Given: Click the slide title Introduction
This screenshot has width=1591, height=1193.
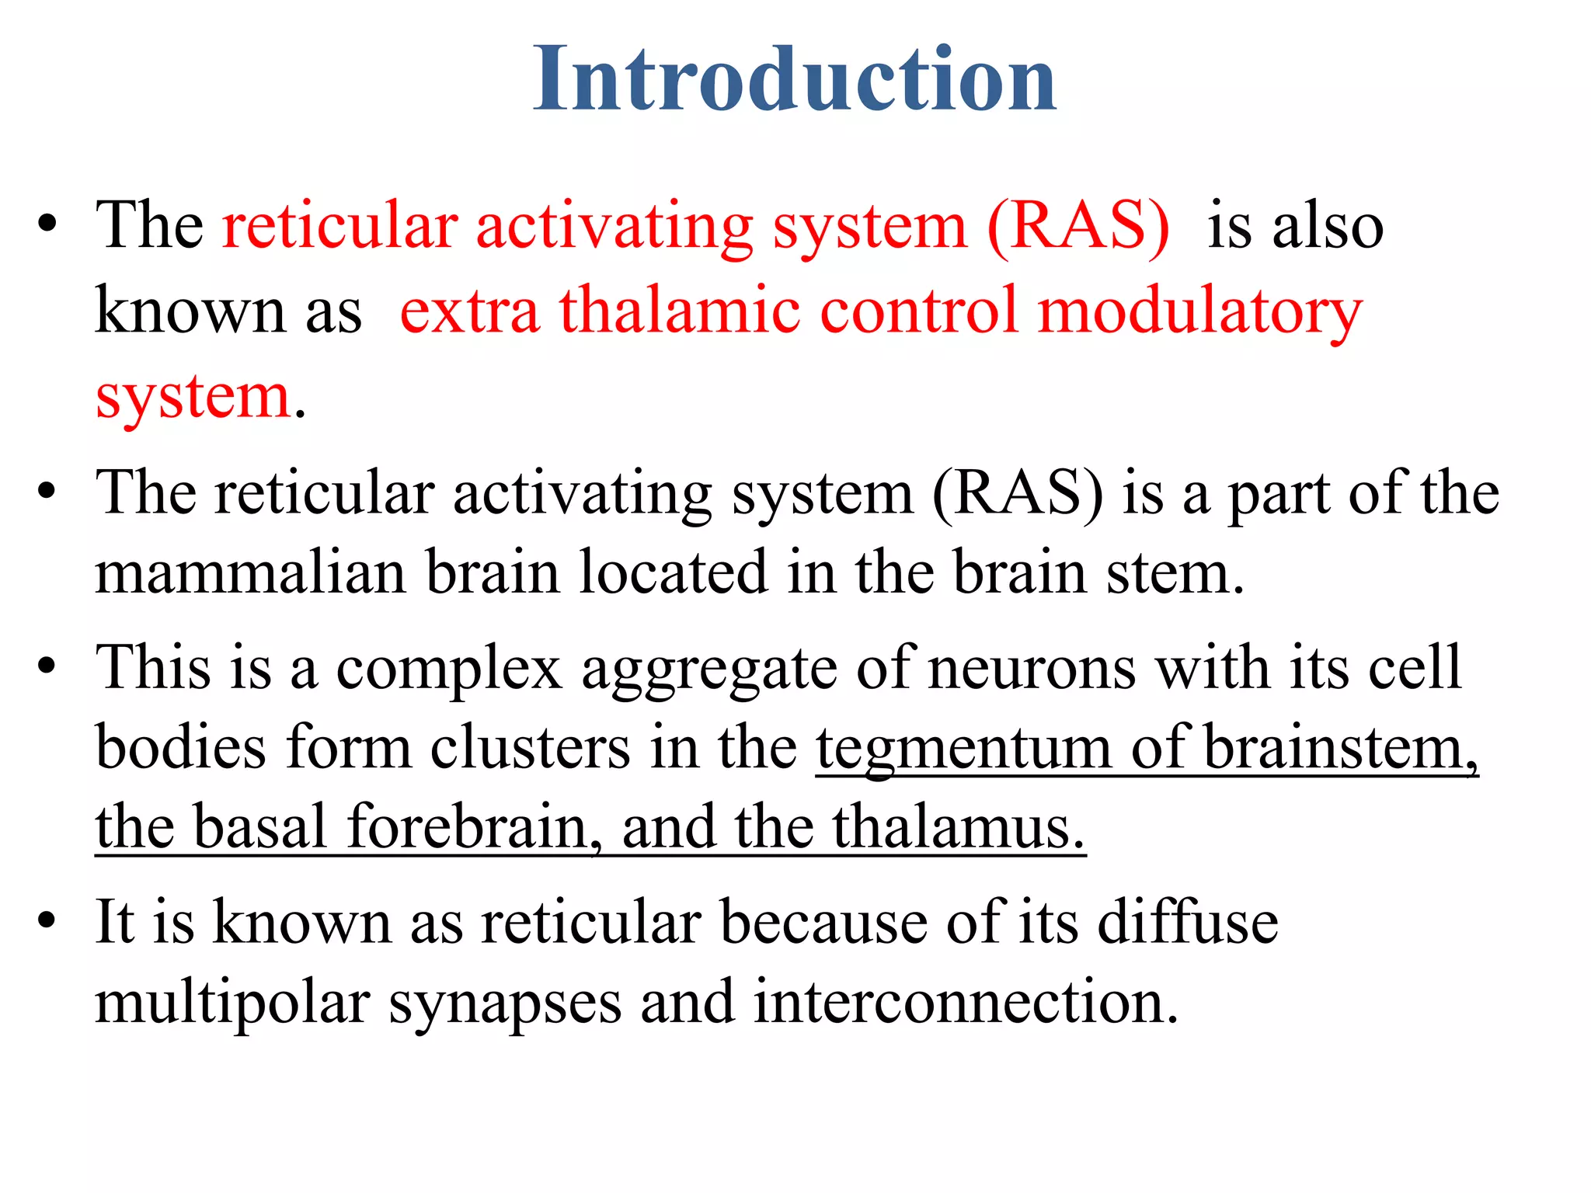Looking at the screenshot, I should point(794,79).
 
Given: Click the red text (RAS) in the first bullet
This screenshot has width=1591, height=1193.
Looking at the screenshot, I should point(1078,227).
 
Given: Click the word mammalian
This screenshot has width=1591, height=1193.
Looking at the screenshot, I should point(250,573).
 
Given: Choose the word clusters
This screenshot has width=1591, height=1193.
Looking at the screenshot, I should point(530,749).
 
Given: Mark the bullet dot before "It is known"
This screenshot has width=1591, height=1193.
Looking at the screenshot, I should point(47,921).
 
